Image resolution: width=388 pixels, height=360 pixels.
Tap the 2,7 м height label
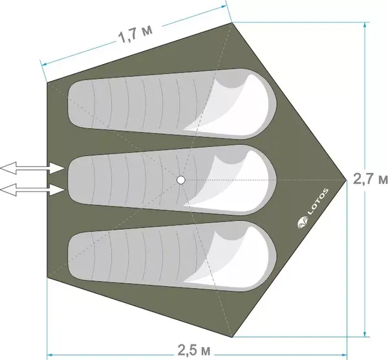pyautogui.click(x=370, y=179)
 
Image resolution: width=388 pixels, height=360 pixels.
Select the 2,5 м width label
pyautogui.click(x=194, y=350)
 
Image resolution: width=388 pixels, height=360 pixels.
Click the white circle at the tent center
pyautogui.click(x=181, y=180)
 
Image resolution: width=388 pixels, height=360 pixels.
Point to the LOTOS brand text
pyautogui.click(x=318, y=201)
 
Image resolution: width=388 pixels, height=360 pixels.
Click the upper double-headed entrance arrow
pyautogui.click(x=32, y=168)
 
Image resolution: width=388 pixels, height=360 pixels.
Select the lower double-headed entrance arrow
pyautogui.click(x=32, y=190)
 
